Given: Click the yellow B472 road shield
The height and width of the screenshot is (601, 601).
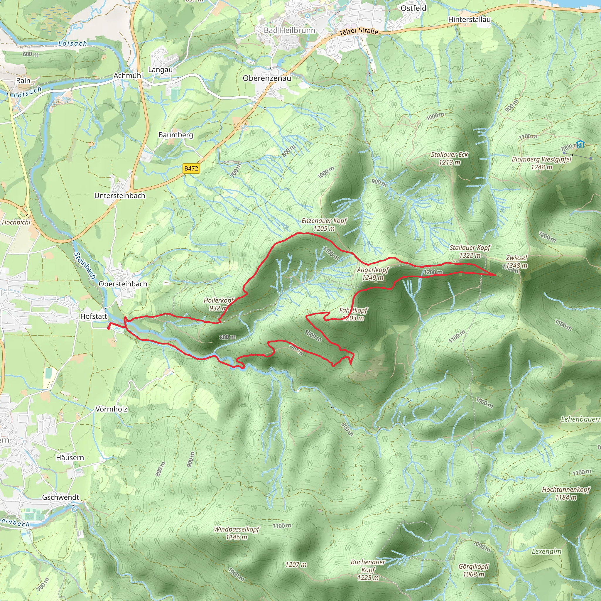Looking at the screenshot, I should click(x=191, y=168).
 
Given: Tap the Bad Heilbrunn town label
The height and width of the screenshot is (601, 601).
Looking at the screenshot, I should click(x=289, y=30).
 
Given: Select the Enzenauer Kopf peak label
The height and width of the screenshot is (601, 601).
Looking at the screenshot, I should click(x=324, y=224).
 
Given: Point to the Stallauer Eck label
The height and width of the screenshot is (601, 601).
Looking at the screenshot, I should click(x=449, y=158).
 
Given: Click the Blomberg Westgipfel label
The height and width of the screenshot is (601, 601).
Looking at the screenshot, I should click(x=542, y=163).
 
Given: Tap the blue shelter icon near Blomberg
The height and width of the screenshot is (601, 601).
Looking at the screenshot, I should click(x=580, y=144).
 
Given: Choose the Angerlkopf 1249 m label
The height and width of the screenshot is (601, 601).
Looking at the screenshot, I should click(x=372, y=274).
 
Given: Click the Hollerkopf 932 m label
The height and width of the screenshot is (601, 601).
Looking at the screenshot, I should click(x=218, y=304).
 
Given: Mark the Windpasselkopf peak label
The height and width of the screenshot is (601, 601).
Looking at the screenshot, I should click(x=237, y=533).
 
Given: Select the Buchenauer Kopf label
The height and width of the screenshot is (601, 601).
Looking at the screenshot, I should click(x=368, y=570).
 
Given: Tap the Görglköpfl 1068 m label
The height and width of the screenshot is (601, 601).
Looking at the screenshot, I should click(x=473, y=570).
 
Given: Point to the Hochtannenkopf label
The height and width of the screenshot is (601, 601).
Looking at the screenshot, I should click(x=565, y=493).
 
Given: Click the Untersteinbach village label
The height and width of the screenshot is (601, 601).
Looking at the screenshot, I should click(x=120, y=196).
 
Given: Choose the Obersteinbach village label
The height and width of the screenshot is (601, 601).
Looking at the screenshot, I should click(x=123, y=284).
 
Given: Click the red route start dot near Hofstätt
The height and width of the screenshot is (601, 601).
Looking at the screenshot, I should click(x=109, y=328).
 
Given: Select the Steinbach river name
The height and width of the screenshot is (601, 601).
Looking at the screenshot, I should click(x=85, y=265).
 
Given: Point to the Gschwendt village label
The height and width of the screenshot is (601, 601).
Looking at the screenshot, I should click(x=61, y=497).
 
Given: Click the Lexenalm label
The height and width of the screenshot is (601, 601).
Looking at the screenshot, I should click(x=546, y=551).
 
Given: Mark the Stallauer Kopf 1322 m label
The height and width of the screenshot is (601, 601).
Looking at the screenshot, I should click(x=470, y=251).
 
